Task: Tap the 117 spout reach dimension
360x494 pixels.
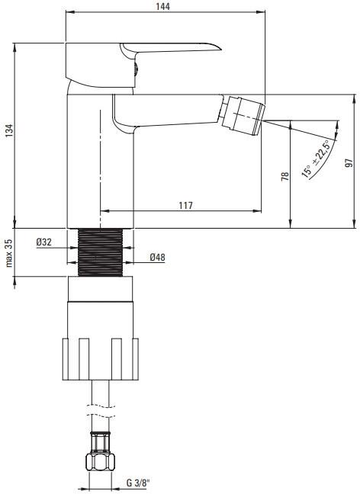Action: click(x=185, y=205)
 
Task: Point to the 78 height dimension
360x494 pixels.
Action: click(x=284, y=175)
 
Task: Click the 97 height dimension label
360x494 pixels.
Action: click(x=349, y=162)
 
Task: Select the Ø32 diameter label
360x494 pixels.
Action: click(x=44, y=242)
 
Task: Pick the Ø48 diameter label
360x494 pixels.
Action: click(x=158, y=258)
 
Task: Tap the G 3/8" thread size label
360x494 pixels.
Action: click(x=138, y=483)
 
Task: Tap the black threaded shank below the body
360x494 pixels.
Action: click(x=101, y=252)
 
